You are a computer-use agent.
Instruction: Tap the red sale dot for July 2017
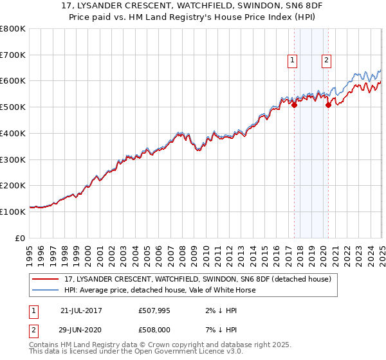[x=294, y=105]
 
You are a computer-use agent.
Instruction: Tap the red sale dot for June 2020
[x=328, y=105]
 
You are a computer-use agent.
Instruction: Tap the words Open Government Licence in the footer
[x=170, y=352]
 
